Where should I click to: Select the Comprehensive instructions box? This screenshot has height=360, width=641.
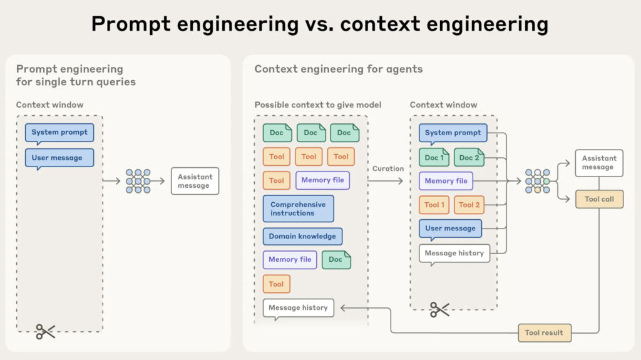coord(298,208)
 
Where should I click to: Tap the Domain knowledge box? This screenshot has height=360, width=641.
coord(302,237)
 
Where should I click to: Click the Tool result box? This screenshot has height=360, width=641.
coord(545,332)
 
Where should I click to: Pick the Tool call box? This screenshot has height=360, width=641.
coord(599,199)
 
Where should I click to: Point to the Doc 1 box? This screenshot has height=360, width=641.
coord(434,158)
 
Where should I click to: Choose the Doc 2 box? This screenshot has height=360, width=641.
coord(469,158)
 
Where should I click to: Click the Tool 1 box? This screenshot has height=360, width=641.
coord(434,205)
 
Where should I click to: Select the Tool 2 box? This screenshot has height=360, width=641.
coord(469,205)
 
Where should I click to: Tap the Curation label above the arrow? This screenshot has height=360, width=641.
coord(388,168)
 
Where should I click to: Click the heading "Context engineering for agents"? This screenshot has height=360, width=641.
coord(338,69)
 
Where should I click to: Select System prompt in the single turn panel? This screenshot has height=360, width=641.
coord(59,133)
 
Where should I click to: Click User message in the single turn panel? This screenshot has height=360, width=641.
coord(57,158)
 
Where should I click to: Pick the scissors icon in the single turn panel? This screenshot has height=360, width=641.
coord(46,331)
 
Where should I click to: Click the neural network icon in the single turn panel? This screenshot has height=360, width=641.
coord(138,181)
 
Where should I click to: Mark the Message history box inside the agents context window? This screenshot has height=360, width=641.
coord(454,254)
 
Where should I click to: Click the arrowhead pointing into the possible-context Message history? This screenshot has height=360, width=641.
coord(341,308)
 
